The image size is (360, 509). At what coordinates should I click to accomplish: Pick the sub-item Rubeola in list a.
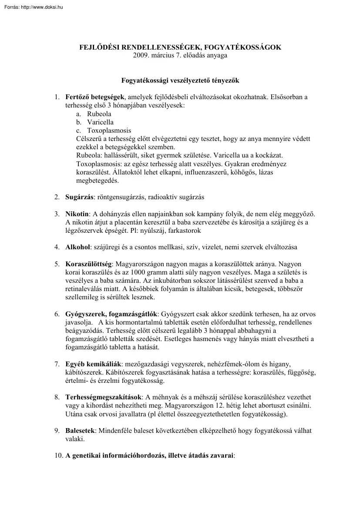point(99,114)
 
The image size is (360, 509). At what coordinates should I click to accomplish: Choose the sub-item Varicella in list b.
point(100,122)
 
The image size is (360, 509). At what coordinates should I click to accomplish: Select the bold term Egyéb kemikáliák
point(92,364)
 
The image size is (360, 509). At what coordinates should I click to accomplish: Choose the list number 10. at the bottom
point(59,455)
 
